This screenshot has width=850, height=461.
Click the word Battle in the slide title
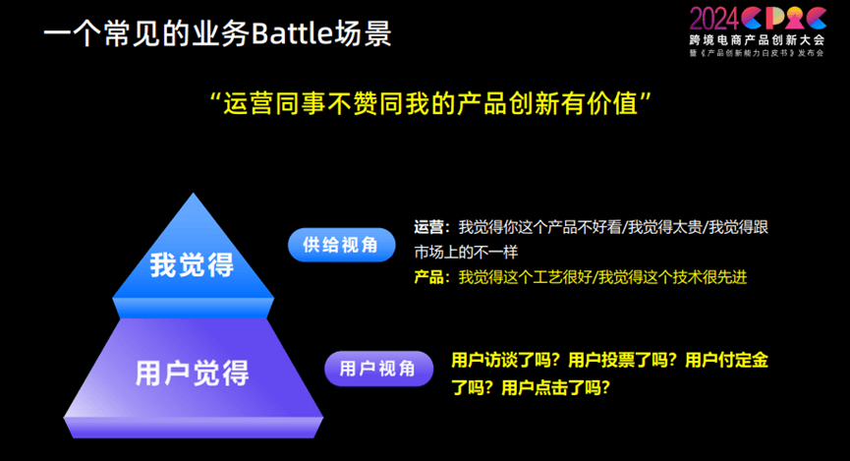(x=292, y=33)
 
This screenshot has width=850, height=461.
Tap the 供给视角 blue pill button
(x=342, y=245)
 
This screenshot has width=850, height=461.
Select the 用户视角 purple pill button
(x=378, y=369)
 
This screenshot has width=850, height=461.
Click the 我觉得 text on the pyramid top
(x=192, y=264)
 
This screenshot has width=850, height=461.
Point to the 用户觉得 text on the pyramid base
(x=193, y=374)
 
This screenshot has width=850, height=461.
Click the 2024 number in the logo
(x=714, y=19)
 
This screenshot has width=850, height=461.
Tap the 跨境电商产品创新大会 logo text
(x=757, y=40)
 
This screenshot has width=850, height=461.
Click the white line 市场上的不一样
(x=466, y=253)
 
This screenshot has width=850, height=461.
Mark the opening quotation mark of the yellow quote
(x=216, y=97)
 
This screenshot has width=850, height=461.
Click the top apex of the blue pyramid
(x=193, y=194)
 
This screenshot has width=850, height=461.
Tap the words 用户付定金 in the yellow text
(x=727, y=360)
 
